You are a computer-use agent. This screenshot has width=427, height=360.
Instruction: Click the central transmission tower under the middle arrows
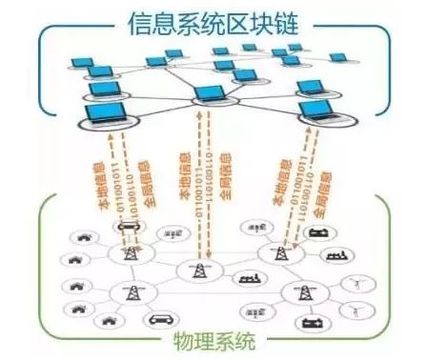click(x=200, y=272)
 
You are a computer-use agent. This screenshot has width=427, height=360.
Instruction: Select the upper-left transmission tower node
click(x=127, y=252)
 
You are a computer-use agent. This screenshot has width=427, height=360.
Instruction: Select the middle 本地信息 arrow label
click(x=187, y=176)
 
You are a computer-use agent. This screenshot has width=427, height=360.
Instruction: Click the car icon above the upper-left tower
click(x=126, y=226)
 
